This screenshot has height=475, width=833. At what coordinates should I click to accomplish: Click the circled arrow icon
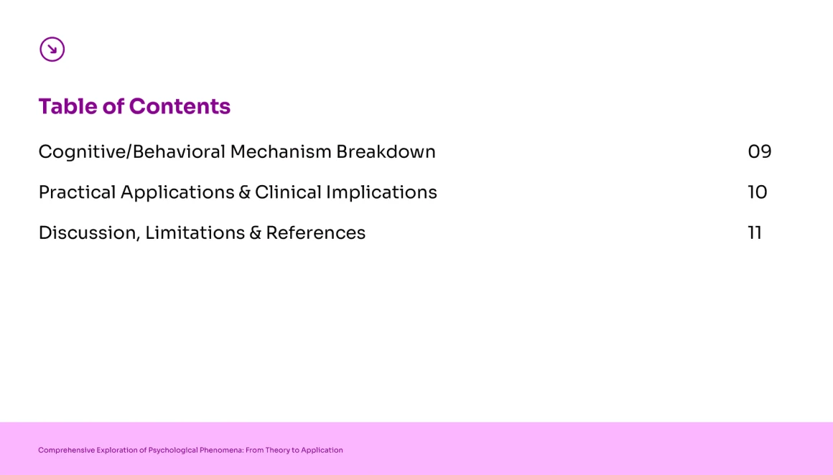[52, 50]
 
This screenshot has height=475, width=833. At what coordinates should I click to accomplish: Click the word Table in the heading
[68, 106]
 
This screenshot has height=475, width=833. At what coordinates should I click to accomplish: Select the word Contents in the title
[180, 106]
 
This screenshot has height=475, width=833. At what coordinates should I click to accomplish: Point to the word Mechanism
[281, 152]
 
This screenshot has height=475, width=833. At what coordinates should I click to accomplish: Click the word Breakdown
[386, 152]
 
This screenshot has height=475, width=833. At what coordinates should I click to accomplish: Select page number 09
[760, 152]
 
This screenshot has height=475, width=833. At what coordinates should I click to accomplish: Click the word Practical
[77, 192]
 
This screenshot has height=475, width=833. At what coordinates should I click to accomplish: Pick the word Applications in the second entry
[177, 192]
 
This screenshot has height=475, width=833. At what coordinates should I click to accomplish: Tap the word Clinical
[288, 192]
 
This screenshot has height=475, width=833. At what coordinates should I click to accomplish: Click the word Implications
[381, 192]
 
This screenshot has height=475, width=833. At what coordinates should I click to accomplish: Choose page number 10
[758, 192]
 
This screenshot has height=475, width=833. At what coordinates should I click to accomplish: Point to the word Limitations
[195, 233]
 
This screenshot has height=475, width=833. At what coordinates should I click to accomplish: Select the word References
[315, 233]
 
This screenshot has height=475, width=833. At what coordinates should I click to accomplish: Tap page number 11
[755, 233]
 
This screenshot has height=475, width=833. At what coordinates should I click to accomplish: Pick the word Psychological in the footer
[173, 450]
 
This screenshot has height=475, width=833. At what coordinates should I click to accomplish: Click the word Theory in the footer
[277, 450]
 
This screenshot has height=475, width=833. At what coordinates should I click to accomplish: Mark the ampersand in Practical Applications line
[244, 192]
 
